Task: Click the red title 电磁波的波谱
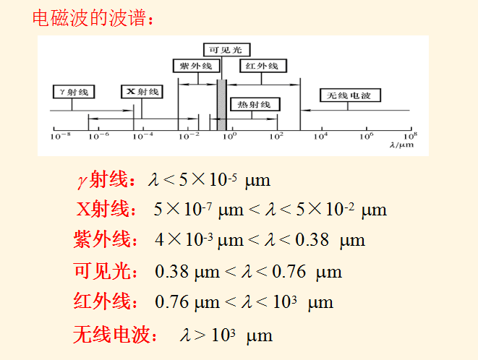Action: pyautogui.click(x=91, y=17)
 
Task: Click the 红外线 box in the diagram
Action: pyautogui.click(x=262, y=66)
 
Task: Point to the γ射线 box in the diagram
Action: pyautogui.click(x=73, y=92)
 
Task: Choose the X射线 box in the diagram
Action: pyautogui.click(x=142, y=92)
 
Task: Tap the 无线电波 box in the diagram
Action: pyautogui.click(x=350, y=95)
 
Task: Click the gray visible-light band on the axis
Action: pyautogui.click(x=221, y=105)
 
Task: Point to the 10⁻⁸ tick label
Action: pyautogui.click(x=60, y=135)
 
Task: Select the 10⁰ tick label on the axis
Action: pyautogui.click(x=229, y=135)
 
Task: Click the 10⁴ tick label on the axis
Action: pyautogui.click(x=320, y=135)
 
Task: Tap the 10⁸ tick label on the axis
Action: pyautogui.click(x=410, y=135)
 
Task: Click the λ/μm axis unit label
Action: pyautogui.click(x=401, y=145)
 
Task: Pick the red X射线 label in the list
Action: pyautogui.click(x=106, y=210)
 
